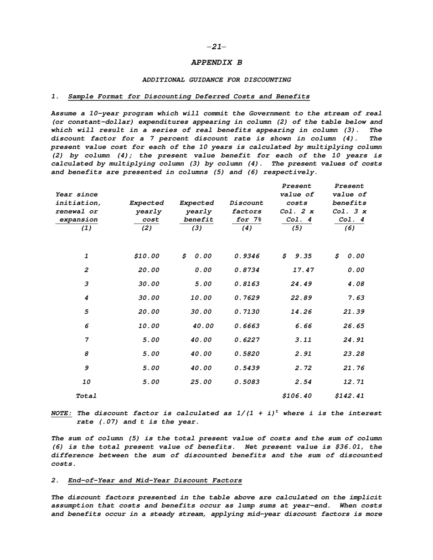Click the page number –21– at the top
pos(216,46)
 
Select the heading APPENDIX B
pos(216,62)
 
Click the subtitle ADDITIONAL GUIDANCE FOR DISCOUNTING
pos(216,80)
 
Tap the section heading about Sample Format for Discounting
pos(189,97)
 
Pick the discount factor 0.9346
pos(247,256)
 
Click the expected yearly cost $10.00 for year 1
pos(146,256)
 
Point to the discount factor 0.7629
pos(247,298)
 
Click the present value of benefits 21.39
pos(354,312)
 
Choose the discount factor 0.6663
pos(247,326)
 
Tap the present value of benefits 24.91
pos(354,340)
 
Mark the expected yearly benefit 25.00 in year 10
pos(201,382)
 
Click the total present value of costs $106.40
pos(297,396)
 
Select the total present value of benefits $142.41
pos(350,396)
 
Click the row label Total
pos(86,396)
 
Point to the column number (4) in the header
pos(247,228)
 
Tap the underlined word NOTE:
pos(62,413)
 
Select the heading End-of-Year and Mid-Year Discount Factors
pos(155,480)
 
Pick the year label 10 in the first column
pos(86,382)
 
